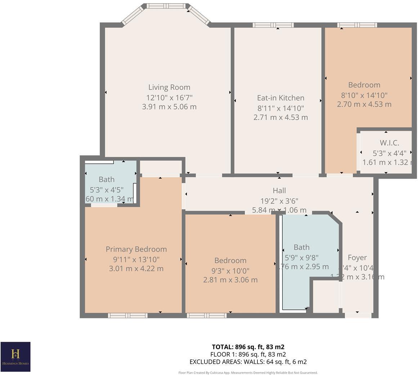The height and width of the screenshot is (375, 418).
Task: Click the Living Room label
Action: click(x=169, y=87)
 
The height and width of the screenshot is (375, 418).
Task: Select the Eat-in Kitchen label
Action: click(x=280, y=98)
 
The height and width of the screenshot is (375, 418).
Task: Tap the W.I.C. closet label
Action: click(x=389, y=143)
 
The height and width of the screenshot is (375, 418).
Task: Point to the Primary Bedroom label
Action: click(x=136, y=249)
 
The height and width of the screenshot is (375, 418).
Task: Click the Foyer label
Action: click(x=357, y=258)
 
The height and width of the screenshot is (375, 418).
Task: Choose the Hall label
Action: click(x=279, y=191)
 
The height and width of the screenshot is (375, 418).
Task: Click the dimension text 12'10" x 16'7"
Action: click(x=169, y=97)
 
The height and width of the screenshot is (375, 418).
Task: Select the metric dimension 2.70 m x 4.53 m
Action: click(x=364, y=104)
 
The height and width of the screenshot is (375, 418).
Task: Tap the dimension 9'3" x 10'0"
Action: click(x=230, y=270)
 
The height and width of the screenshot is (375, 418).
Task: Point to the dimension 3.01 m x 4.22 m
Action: click(x=136, y=268)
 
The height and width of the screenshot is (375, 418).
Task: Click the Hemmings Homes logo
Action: click(x=15, y=356)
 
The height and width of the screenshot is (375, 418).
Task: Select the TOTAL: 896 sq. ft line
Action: click(x=248, y=347)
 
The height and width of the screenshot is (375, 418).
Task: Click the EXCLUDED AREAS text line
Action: click(x=248, y=362)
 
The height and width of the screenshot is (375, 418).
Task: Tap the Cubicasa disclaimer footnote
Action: click(x=248, y=372)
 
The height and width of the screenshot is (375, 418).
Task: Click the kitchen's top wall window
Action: click(x=273, y=25)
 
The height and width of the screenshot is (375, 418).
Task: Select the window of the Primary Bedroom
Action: click(x=128, y=316)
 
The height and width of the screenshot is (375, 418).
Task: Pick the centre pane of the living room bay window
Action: click(x=166, y=6)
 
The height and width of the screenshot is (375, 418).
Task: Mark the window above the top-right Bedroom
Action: click(x=357, y=25)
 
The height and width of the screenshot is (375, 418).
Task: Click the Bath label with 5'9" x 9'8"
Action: click(x=301, y=247)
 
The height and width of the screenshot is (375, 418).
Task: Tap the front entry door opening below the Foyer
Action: click(x=358, y=316)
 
